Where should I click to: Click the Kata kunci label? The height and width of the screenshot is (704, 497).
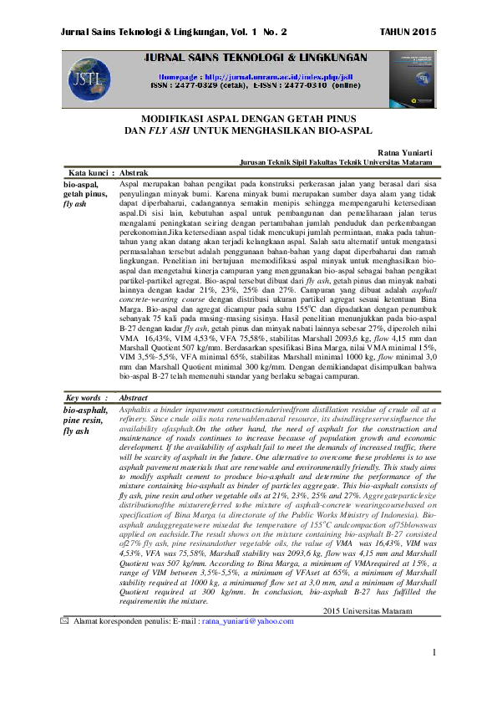pos(86,172)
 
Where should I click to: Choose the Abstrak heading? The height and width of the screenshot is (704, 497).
pos(134,172)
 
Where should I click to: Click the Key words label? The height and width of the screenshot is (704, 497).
pos(85,400)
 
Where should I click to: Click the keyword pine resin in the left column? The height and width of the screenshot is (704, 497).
pos(85,421)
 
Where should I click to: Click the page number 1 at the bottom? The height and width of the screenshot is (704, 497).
pos(435,675)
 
